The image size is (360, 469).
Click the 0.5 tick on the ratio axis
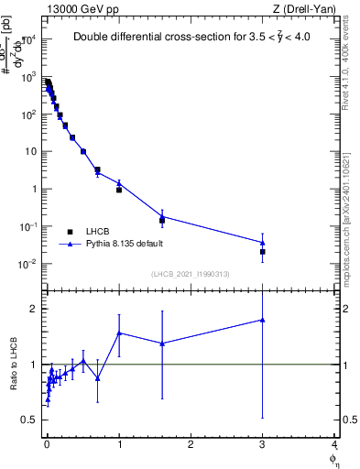27,420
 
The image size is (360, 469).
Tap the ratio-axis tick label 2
31,309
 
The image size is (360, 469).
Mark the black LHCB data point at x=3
263,251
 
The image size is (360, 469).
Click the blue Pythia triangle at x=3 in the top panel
263,243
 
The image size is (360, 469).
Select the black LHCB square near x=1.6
162,221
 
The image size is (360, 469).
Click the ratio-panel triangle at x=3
263,320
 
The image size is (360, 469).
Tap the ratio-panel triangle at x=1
119,333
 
